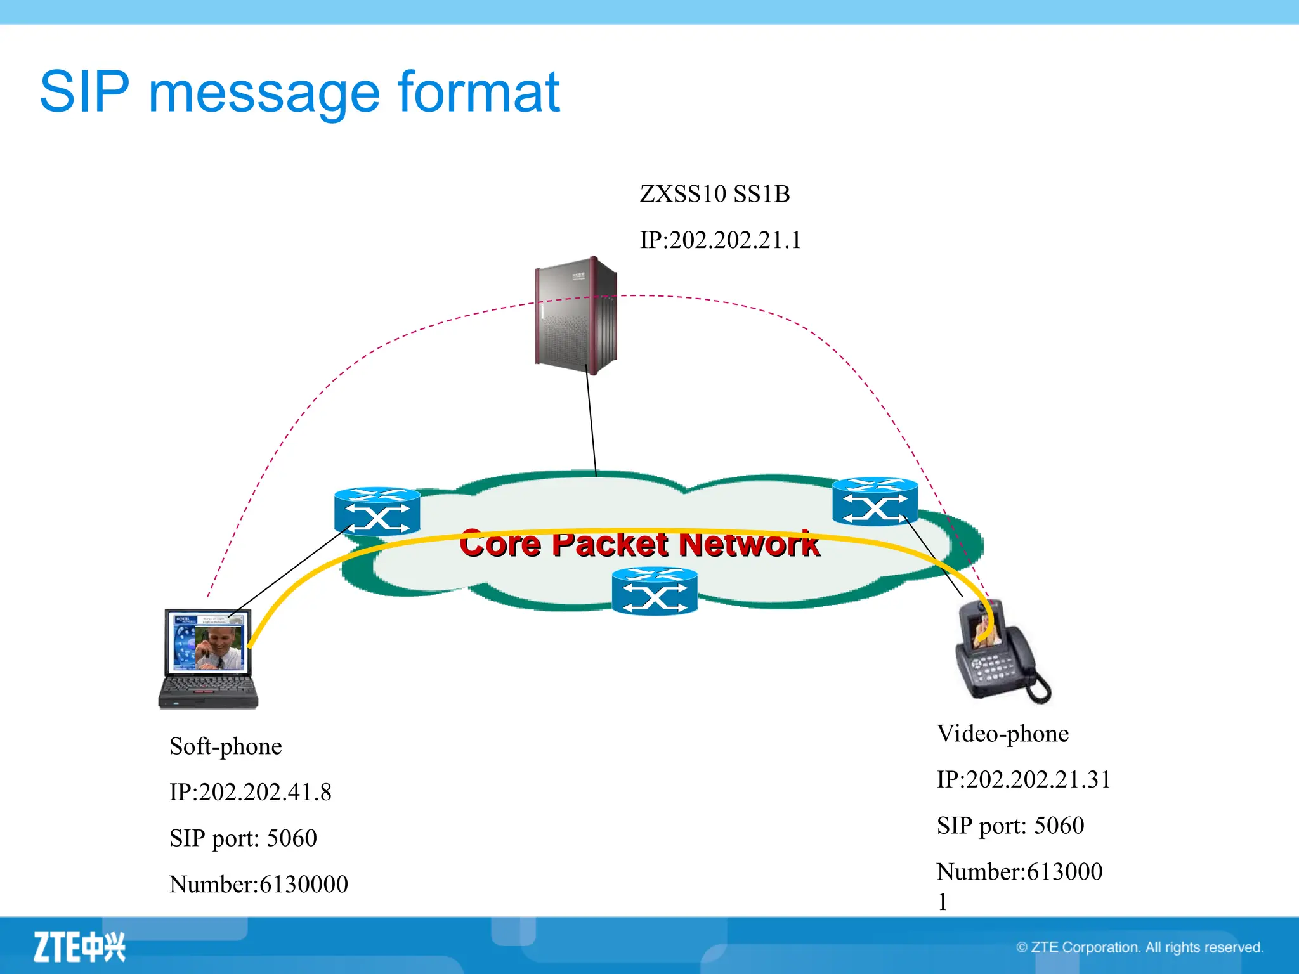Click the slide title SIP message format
point(299,93)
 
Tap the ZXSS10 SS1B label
point(715,194)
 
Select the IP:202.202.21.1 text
point(721,240)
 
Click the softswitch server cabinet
point(576,315)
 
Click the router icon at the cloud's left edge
point(377,511)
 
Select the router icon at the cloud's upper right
point(875,502)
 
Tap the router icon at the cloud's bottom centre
point(655,591)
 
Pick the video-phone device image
point(1000,651)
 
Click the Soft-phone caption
point(226,746)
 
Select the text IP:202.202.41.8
point(251,793)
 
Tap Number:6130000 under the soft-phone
point(259,885)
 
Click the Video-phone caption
point(1003,734)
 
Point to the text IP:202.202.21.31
point(1024,780)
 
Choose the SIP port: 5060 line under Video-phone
point(1010,826)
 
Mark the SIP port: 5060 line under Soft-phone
point(243,838)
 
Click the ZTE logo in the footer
point(79,947)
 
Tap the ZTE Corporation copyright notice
point(1140,947)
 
